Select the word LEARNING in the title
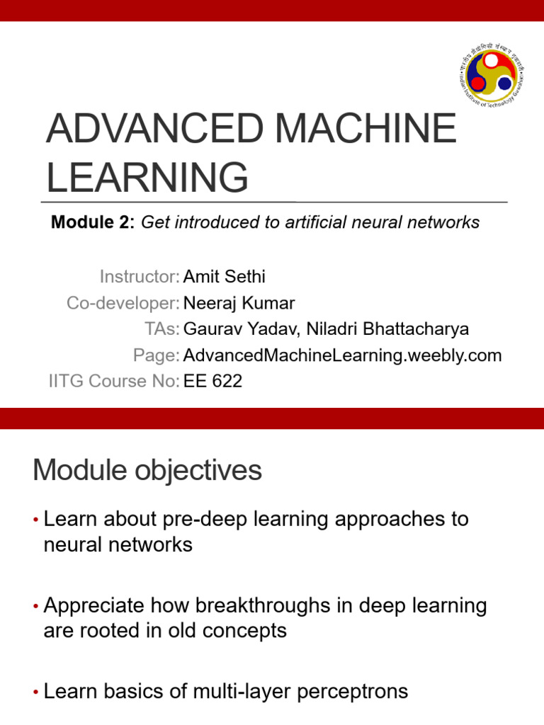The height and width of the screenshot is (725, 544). point(147,177)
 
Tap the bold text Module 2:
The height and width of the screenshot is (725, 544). point(92,222)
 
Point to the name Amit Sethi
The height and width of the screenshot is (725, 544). point(224,276)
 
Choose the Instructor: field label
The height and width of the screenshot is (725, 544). point(139,276)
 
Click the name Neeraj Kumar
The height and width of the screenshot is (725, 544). point(239,303)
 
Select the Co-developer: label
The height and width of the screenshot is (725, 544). point(123,303)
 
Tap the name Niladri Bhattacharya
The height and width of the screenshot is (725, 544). point(387,329)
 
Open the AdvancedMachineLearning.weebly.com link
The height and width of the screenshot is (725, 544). point(342,355)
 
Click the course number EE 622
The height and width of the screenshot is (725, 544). point(212,381)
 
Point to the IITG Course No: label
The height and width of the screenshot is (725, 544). point(113,381)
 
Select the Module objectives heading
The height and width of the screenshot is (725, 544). point(147,471)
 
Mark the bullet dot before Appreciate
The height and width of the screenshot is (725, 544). point(35,607)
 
